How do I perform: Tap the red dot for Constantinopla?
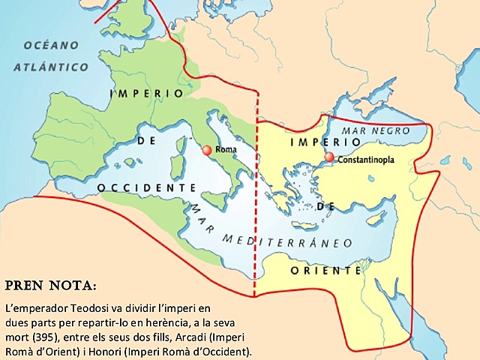tap(329, 157)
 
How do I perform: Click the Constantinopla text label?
tap(367, 160)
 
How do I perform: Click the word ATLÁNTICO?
tap(50, 67)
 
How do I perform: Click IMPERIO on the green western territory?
tap(146, 94)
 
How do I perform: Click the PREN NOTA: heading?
tap(51, 286)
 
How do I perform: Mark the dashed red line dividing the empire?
tap(256, 225)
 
